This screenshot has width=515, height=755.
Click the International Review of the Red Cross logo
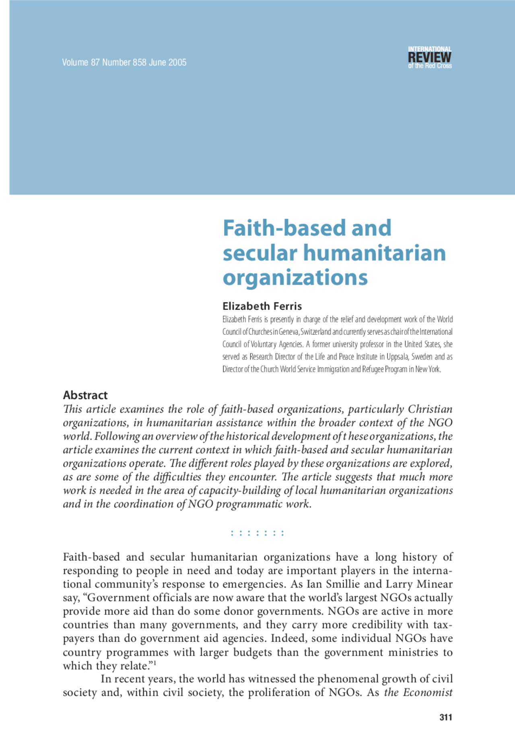[430, 58]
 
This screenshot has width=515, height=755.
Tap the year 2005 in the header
[177, 62]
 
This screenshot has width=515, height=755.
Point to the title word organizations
[295, 278]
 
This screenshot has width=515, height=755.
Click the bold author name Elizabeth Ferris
[262, 306]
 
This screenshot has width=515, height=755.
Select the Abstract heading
[85, 395]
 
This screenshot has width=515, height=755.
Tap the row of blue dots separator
[257, 534]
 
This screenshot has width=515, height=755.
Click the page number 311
[446, 717]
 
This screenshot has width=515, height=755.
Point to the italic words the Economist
[418, 693]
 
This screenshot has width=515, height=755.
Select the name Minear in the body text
[435, 584]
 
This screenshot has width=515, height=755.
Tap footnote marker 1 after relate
[155, 662]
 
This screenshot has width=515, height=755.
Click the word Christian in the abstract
[430, 409]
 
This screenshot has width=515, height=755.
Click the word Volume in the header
[75, 62]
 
